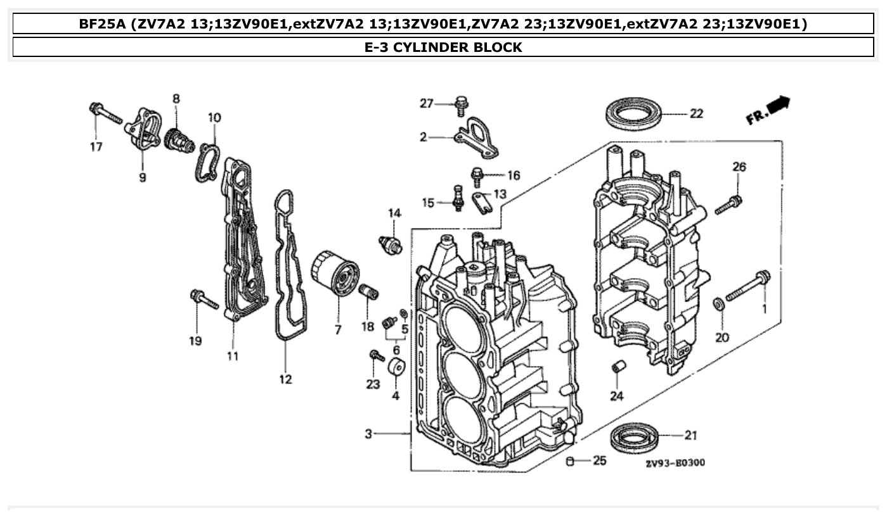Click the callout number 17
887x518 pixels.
pos(95,147)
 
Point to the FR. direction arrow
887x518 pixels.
pos(768,111)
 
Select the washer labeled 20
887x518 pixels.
pos(719,304)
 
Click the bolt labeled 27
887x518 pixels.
pos(462,105)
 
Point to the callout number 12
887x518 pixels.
pos(285,379)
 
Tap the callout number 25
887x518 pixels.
pos(599,460)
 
